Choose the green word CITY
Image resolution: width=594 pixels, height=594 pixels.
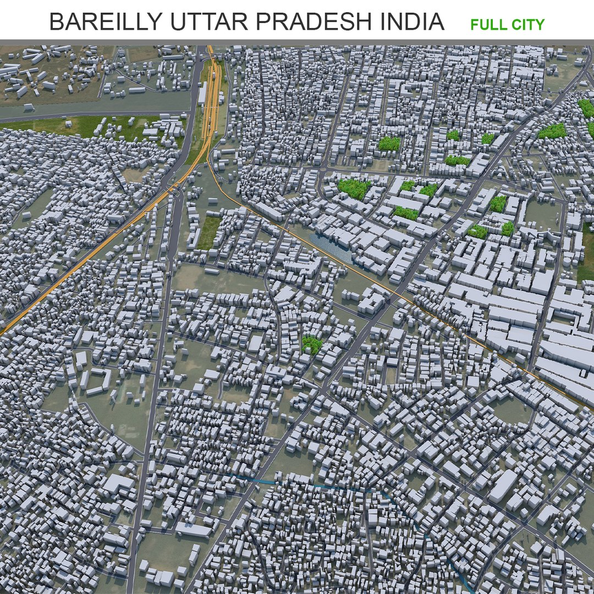tap(527, 25)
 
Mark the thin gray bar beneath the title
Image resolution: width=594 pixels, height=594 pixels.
tap(297, 42)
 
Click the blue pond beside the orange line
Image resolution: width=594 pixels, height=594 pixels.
tap(330, 245)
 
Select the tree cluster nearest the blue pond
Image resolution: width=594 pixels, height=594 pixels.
tap(354, 189)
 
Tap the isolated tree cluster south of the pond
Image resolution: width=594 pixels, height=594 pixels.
tap(312, 344)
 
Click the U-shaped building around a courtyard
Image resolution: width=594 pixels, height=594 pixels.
tap(98, 380)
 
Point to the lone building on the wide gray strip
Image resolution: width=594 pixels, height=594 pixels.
tap(137, 90)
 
